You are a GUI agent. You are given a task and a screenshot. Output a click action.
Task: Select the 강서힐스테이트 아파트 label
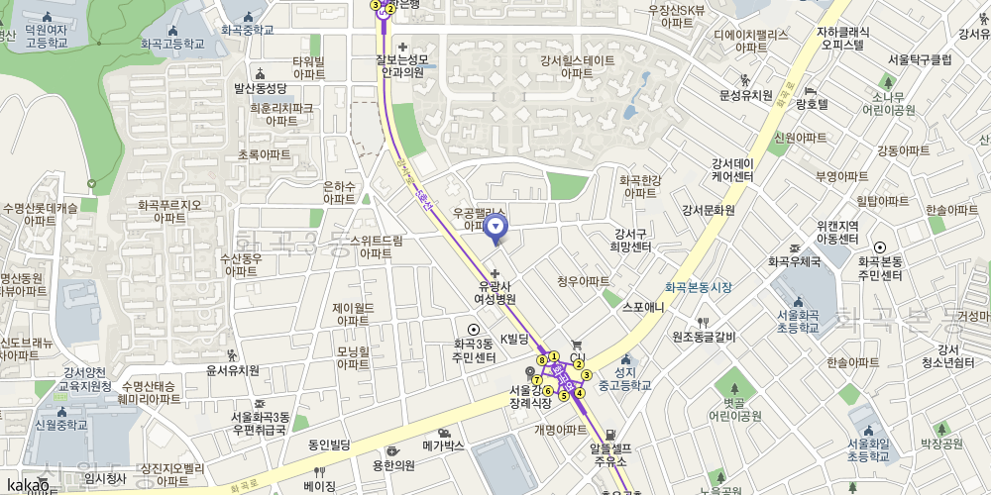pyautogui.click(x=578, y=66)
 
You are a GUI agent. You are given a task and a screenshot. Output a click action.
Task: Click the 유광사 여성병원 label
pyautogui.click(x=495, y=291)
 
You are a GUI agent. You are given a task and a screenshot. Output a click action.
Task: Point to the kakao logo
pyautogui.click(x=27, y=485)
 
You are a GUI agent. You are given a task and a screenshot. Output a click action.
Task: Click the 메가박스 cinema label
pyautogui.click(x=443, y=445)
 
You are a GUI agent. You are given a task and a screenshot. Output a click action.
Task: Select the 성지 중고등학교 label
pyautogui.click(x=625, y=378)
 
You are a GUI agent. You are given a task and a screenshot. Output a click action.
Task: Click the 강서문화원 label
pyautogui.click(x=708, y=210)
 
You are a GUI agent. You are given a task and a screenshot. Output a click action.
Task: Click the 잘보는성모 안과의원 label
pyautogui.click(x=400, y=65)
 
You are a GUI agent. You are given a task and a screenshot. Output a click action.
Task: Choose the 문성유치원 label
pyautogui.click(x=745, y=95)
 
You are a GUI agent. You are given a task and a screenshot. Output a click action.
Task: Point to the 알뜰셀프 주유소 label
pyautogui.click(x=611, y=453)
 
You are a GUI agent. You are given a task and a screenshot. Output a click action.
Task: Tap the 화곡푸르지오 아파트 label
pyautogui.click(x=169, y=211)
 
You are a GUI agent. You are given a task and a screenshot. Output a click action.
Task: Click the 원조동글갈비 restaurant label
pyautogui.click(x=704, y=337)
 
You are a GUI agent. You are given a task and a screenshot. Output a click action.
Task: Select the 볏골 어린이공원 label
pyautogui.click(x=734, y=409)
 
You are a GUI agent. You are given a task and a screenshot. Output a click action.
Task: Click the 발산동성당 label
pyautogui.click(x=260, y=87)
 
